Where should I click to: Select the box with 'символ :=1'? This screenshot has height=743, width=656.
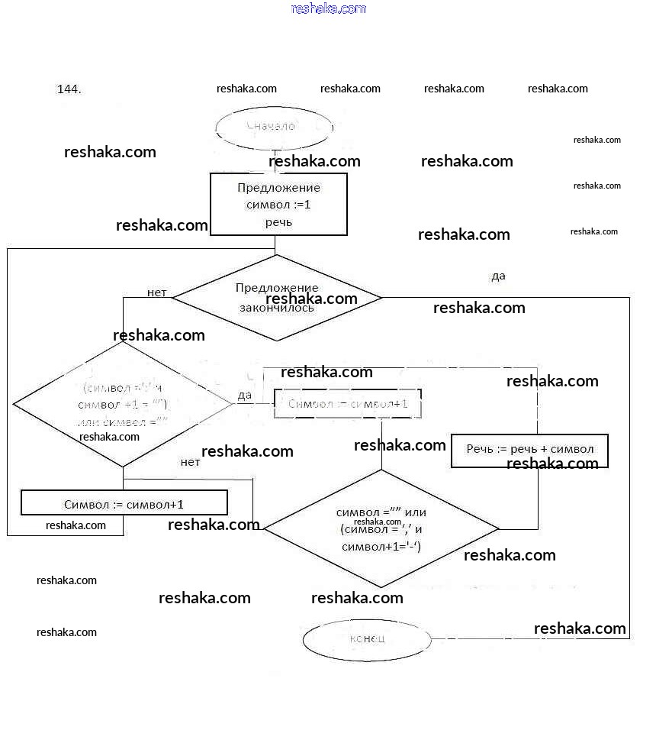278,205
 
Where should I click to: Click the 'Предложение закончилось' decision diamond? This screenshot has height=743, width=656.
278,298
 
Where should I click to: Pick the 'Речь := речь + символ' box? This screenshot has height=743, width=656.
529,450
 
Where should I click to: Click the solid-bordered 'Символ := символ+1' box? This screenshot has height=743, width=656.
124,503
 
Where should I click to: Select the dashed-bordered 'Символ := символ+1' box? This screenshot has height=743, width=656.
348,403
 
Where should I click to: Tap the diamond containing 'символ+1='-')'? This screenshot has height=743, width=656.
381,528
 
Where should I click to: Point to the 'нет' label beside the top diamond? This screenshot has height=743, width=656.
157,292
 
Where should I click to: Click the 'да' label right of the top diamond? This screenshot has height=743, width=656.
498,276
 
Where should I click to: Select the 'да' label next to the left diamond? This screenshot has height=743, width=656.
245,395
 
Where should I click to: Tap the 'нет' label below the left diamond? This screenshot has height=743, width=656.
190,462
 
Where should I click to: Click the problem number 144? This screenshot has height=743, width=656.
69,89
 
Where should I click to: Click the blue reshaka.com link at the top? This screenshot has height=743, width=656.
329,8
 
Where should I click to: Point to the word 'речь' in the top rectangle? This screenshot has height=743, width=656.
278,222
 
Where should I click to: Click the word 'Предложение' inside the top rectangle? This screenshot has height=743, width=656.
278,188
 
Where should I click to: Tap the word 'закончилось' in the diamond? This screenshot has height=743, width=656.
277,309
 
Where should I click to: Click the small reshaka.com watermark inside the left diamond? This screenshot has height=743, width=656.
109,437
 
